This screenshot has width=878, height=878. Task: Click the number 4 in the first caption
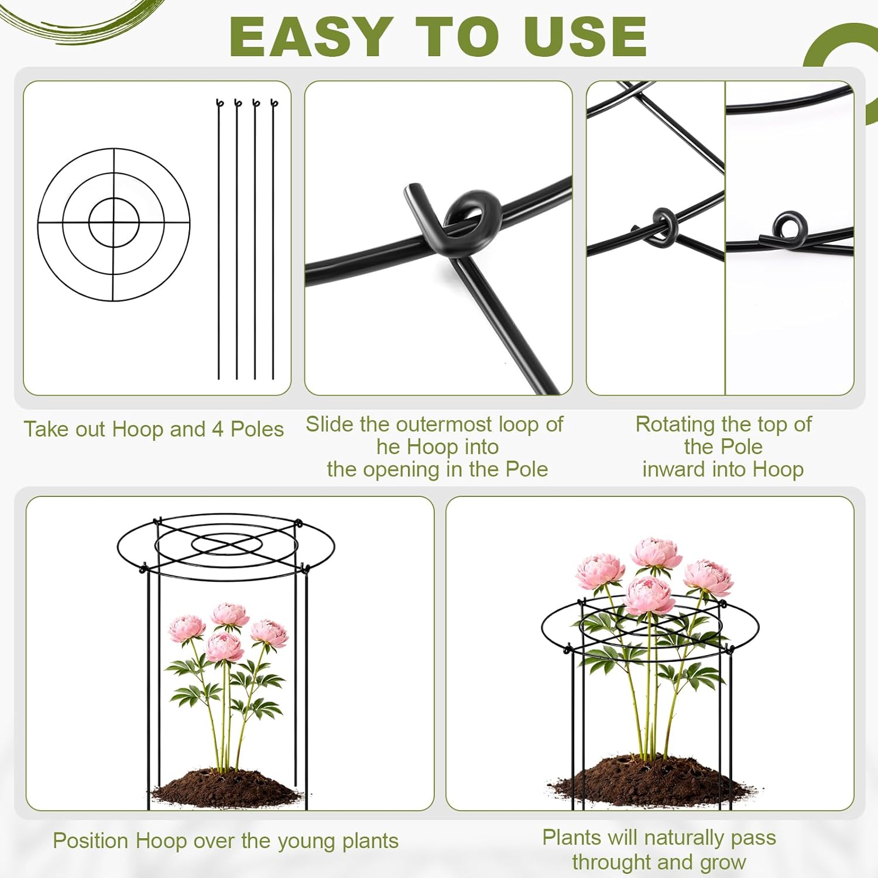coord(218,429)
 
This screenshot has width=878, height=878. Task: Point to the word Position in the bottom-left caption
coord(91,841)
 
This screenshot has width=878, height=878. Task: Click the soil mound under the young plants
coord(226,787)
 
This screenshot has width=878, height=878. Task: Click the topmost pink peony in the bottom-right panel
coord(656,553)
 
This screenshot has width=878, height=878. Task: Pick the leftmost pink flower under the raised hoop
coord(187,629)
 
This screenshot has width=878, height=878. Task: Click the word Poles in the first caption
coord(257,429)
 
